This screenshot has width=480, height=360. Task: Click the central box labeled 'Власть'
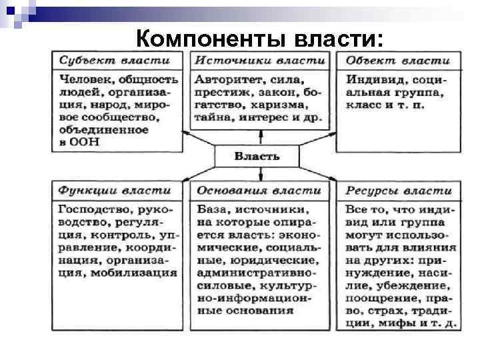coord(257,157)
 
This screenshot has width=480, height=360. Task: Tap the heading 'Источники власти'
coord(259,61)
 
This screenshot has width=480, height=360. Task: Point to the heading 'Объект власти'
coord(399,61)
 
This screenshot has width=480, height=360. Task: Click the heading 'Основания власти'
coord(259,191)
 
